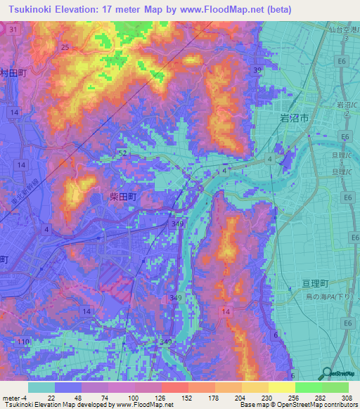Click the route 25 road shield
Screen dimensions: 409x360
point(65,47)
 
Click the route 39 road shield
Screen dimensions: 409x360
point(258,70)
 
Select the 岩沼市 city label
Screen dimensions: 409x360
point(295,119)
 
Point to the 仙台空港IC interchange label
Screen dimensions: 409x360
point(342,28)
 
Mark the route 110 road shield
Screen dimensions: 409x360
point(24,342)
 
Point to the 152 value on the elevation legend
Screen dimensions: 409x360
point(188,398)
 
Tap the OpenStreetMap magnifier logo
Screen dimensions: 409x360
point(328,374)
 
